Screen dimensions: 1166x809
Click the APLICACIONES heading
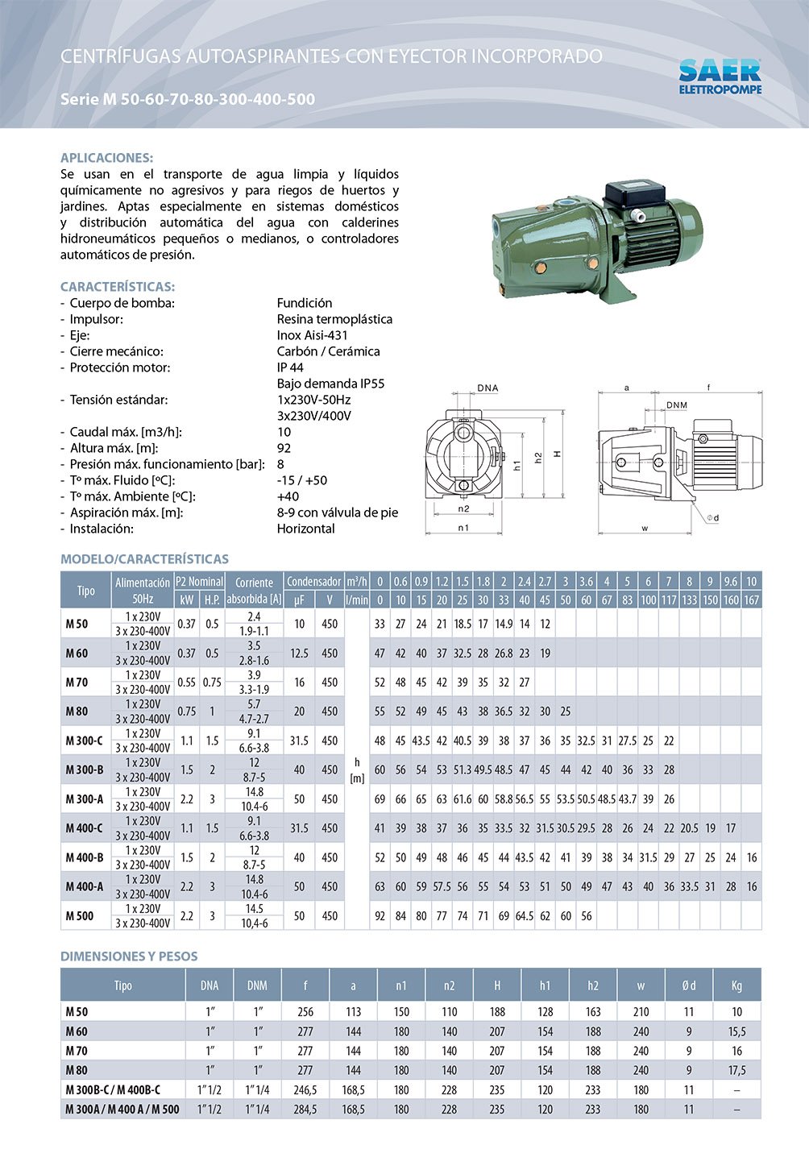106,158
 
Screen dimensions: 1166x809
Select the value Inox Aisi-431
313,335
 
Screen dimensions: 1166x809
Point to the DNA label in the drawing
487,388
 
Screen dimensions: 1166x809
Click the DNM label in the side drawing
677,405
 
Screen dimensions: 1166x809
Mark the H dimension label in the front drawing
558,454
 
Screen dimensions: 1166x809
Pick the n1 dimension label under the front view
463,528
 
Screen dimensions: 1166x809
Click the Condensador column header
313,582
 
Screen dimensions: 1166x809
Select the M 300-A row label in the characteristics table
85,799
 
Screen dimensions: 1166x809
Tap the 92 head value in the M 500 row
380,915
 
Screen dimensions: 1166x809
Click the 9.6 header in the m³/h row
730,582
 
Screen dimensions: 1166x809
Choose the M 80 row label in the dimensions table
77,1070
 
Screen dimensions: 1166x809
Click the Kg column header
736,985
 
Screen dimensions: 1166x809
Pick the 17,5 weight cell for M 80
736,1070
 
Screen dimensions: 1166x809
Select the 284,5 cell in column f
305,1110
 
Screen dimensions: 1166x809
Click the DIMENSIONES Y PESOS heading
129,956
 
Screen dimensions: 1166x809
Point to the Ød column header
688,985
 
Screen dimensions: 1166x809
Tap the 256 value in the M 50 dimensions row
305,1012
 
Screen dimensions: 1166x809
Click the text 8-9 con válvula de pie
337,512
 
